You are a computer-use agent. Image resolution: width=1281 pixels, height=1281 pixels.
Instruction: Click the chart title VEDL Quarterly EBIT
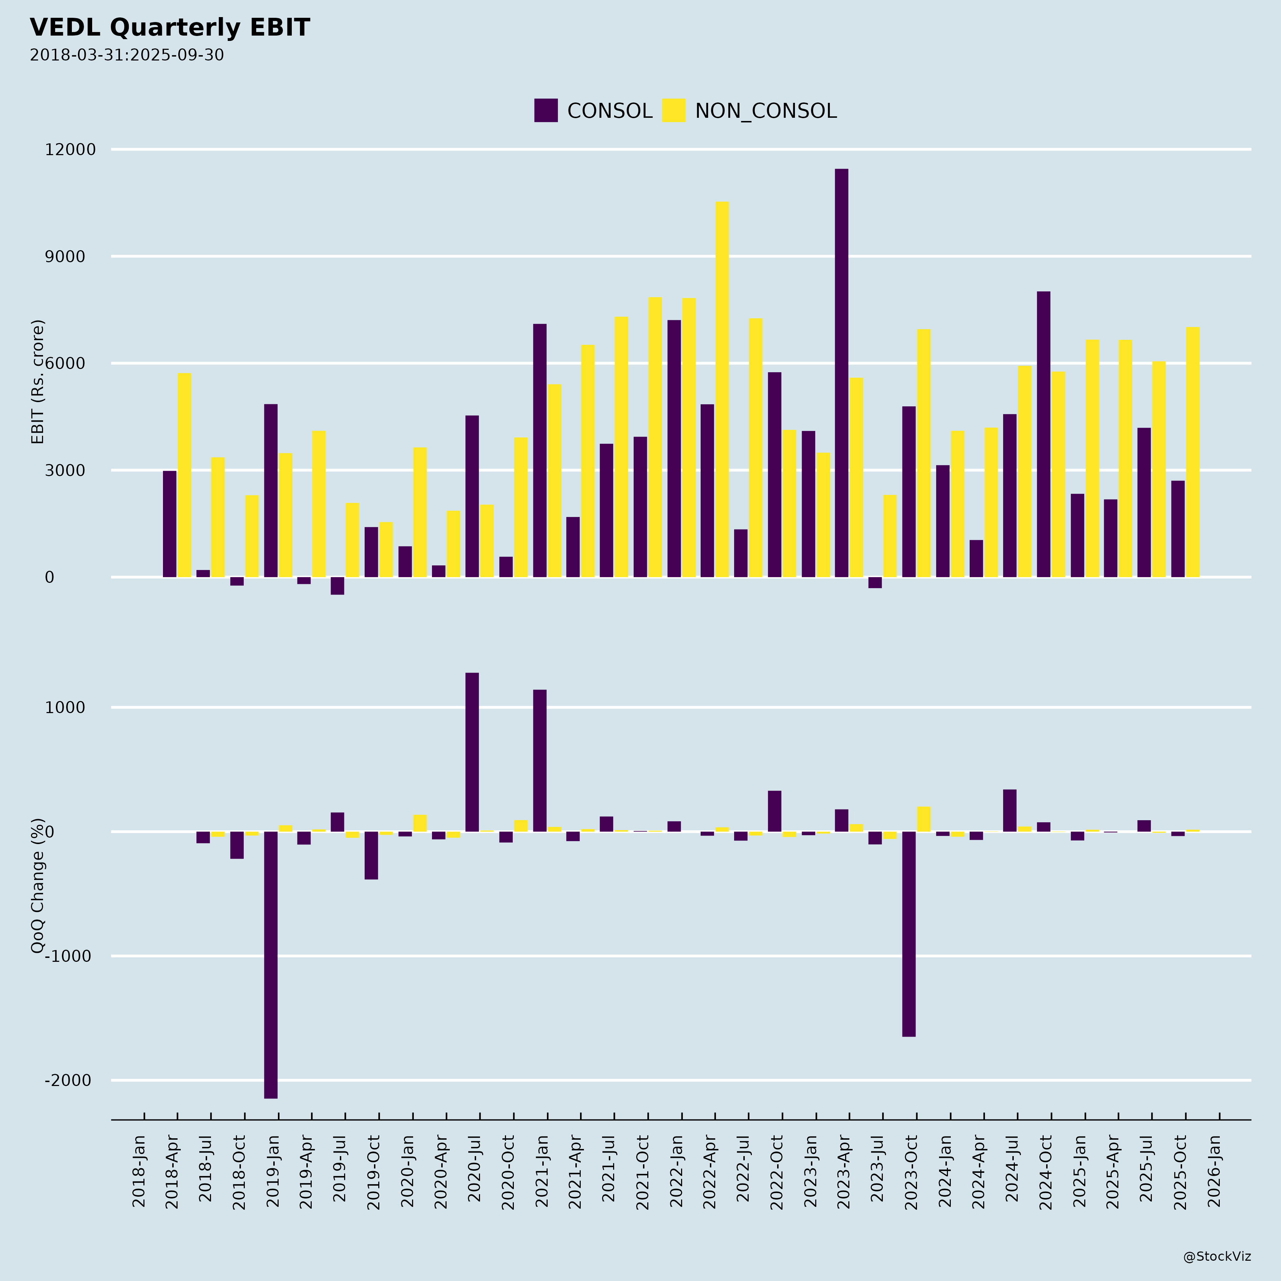click(x=170, y=28)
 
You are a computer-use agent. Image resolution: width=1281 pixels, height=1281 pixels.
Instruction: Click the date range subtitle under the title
click(x=127, y=55)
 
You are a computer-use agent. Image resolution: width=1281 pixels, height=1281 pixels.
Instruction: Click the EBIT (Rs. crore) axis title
click(x=38, y=382)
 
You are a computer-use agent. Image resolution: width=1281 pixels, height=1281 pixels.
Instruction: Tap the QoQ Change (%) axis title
click(x=38, y=886)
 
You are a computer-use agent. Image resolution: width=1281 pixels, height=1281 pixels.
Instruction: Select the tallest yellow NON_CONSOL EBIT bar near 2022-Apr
click(x=722, y=389)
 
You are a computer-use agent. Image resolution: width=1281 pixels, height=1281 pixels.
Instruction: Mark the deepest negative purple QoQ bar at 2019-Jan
click(x=270, y=965)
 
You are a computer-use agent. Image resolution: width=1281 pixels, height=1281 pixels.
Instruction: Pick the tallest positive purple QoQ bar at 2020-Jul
click(x=472, y=752)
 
